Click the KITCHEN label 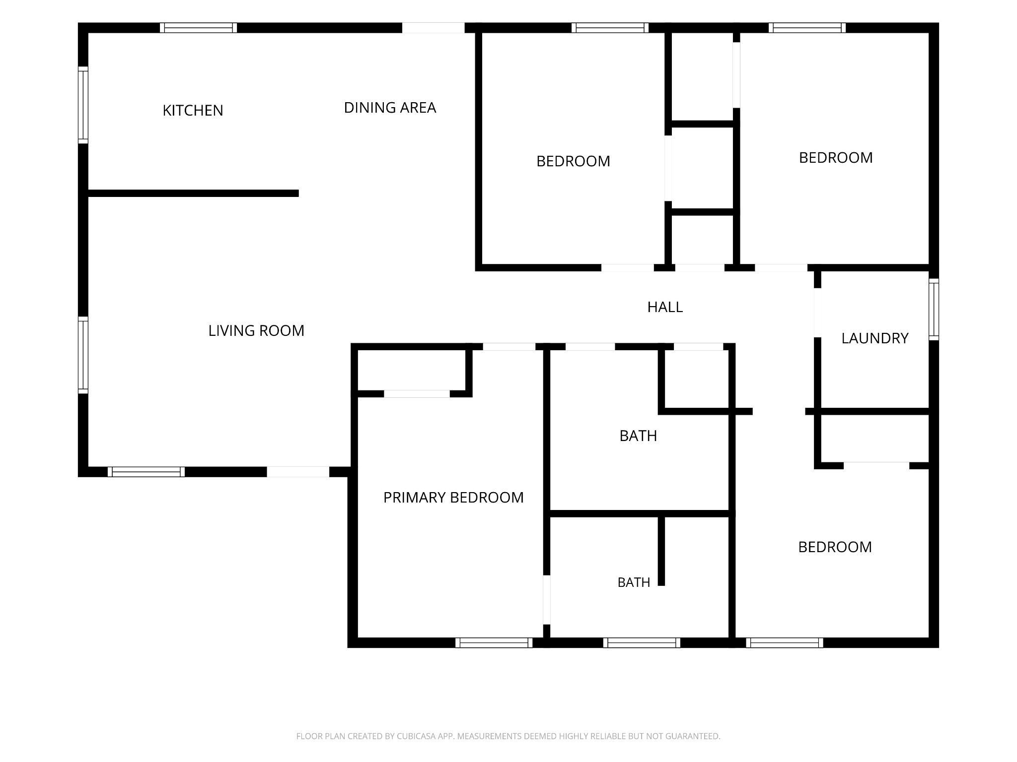[x=193, y=110]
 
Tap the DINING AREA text [x=390, y=108]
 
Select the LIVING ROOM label [x=256, y=330]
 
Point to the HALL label [x=665, y=307]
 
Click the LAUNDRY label [x=874, y=338]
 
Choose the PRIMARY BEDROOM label [x=453, y=498]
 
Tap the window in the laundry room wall [x=934, y=309]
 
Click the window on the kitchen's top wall [x=198, y=28]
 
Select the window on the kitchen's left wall [x=83, y=105]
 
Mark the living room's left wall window [x=83, y=355]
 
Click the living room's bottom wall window [x=146, y=472]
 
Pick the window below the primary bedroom [x=494, y=642]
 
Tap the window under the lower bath [x=642, y=642]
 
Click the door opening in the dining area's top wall [x=433, y=28]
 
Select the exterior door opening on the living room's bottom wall [x=298, y=472]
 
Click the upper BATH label [x=638, y=436]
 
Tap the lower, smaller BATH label [x=634, y=582]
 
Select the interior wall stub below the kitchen [x=193, y=193]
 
